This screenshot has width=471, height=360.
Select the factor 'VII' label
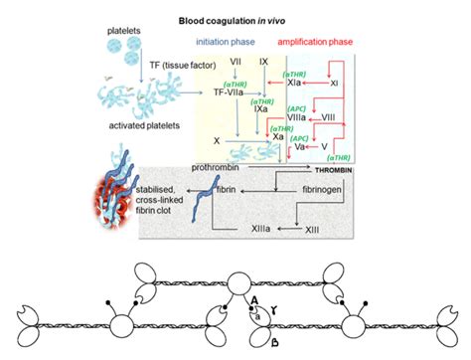235,62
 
